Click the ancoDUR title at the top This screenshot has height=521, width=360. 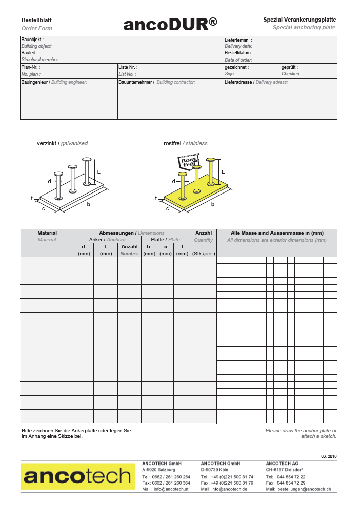pyautogui.click(x=170, y=24)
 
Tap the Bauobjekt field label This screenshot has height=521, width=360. pyautogui.click(x=31, y=39)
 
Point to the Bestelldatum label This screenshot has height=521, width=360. pyautogui.click(x=237, y=53)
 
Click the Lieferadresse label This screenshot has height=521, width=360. pyautogui.click(x=239, y=82)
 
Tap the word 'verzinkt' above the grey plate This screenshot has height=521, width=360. pyautogui.click(x=47, y=143)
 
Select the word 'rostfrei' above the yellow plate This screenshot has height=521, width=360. pyautogui.click(x=172, y=143)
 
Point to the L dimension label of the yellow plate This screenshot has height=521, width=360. pyautogui.click(x=223, y=172)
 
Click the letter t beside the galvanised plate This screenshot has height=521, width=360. pyautogui.click(x=32, y=198)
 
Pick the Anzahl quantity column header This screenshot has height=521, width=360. pyautogui.click(x=204, y=233)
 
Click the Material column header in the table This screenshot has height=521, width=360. pyautogui.click(x=47, y=233)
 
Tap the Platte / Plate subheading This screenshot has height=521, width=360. pyautogui.click(x=165, y=240)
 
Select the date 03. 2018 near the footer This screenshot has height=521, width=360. pyautogui.click(x=329, y=456)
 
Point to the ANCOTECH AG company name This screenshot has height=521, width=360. pyautogui.click(x=282, y=463)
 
